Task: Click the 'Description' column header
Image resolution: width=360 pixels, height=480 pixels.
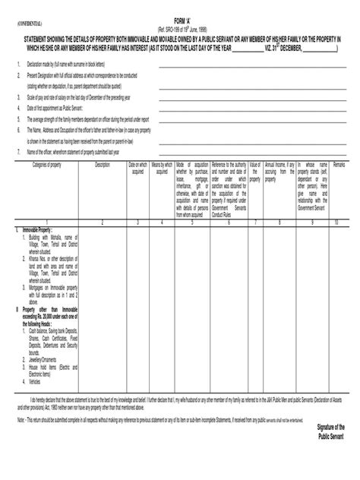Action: coord(103,164)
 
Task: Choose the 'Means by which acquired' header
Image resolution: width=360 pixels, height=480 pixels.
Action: coord(162,168)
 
